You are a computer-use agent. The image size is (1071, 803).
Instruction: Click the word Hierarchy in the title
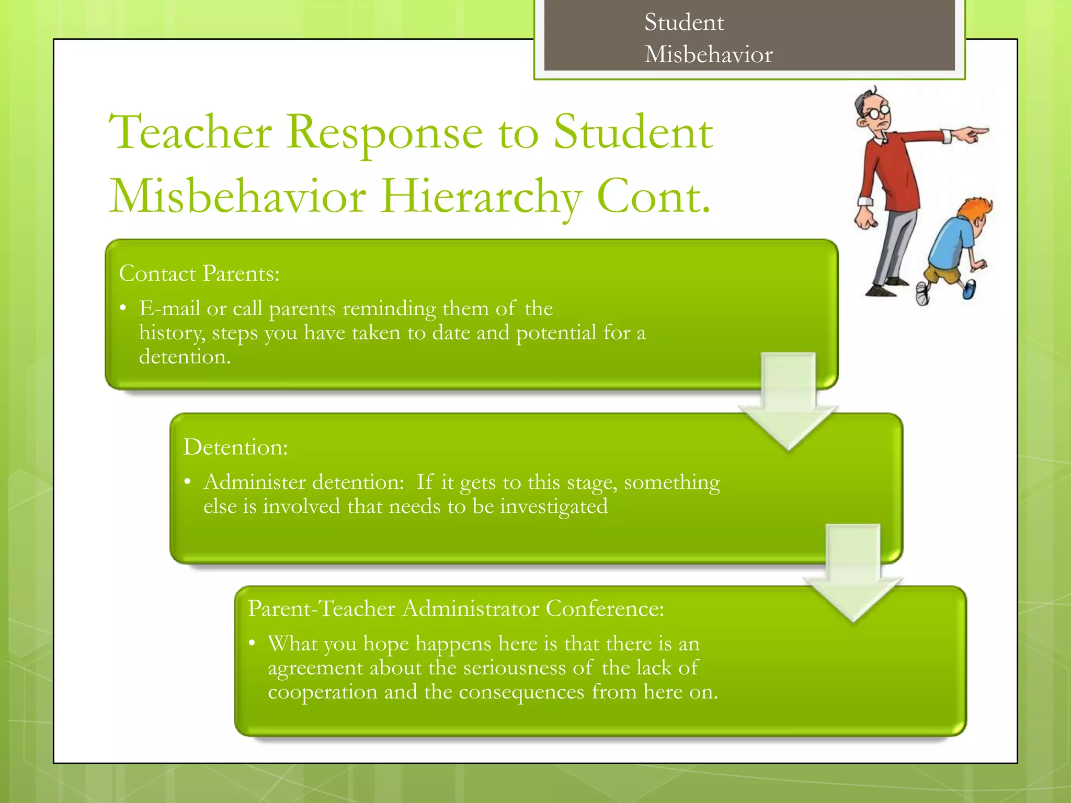tap(481, 198)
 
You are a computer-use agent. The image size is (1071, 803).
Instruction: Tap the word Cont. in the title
tap(654, 198)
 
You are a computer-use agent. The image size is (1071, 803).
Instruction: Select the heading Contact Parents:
tap(199, 273)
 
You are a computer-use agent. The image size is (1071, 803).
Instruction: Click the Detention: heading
tap(235, 448)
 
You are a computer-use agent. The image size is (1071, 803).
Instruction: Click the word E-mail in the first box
tap(169, 308)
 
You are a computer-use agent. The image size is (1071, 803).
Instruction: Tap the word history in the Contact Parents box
tap(171, 334)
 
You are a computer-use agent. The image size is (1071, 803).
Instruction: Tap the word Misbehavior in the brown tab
tap(708, 54)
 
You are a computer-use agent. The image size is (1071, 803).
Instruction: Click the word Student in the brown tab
tap(684, 22)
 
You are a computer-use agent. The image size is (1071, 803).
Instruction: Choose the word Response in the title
tap(384, 133)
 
